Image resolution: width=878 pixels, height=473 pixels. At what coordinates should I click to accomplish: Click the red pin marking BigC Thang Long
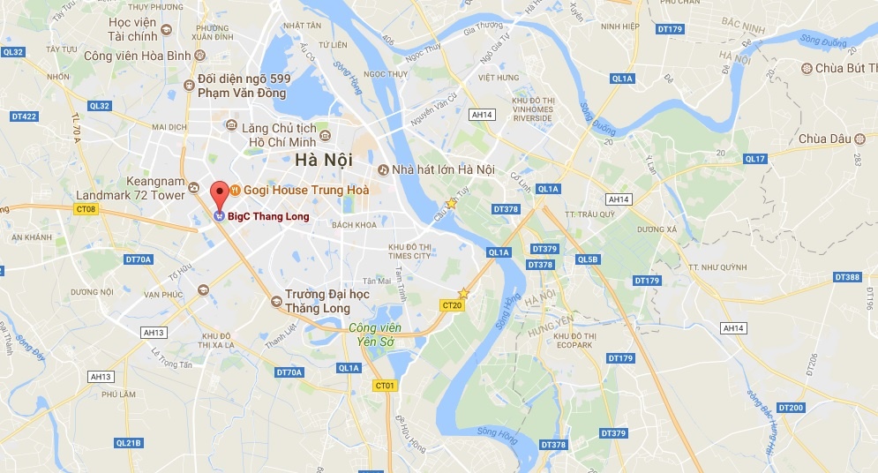(x=218, y=191)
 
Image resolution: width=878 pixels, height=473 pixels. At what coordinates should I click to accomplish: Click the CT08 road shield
(x=86, y=209)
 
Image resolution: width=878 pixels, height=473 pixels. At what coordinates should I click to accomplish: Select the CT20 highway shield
(x=451, y=305)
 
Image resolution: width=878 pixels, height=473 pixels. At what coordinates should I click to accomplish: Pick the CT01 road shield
(x=385, y=386)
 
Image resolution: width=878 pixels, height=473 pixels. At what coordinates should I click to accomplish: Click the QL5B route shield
(x=587, y=259)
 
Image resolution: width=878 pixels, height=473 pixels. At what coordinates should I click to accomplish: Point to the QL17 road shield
(x=754, y=159)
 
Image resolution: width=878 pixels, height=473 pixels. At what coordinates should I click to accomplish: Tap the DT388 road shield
(x=847, y=277)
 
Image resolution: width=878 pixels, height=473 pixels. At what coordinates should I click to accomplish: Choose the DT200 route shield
(x=793, y=407)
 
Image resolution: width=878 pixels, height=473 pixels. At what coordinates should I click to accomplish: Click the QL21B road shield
(x=129, y=442)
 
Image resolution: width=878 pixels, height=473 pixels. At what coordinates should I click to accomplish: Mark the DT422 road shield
(x=24, y=116)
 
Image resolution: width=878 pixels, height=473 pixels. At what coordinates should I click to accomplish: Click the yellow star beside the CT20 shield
(x=463, y=293)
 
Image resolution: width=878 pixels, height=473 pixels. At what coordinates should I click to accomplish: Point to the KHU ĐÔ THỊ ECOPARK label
(x=574, y=341)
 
